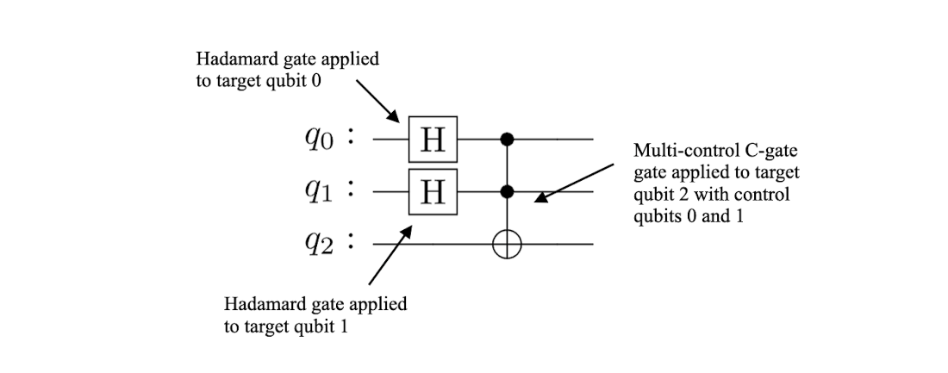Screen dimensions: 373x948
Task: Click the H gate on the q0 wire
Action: [x=433, y=139]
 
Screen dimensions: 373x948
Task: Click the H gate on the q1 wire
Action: [x=433, y=191]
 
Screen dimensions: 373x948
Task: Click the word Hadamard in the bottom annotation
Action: [x=258, y=304]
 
